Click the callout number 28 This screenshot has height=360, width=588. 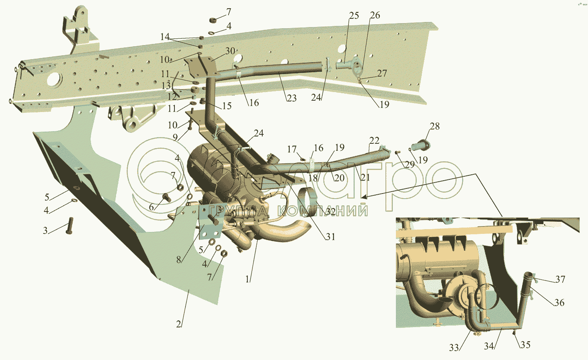tap(434, 127)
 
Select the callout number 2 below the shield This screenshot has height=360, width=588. tap(179, 324)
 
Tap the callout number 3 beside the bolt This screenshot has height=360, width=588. tap(45, 230)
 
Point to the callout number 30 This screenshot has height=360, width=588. tap(230, 51)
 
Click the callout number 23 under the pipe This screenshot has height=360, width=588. tap(291, 98)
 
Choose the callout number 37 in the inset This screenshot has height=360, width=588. tap(560, 279)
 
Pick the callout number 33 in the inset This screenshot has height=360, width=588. tap(454, 348)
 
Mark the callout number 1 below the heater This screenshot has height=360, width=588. tap(247, 279)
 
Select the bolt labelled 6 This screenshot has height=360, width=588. tap(166, 197)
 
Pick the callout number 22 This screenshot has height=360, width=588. tap(374, 140)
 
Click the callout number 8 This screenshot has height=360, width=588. tap(179, 259)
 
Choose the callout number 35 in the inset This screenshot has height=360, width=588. tap(525, 345)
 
